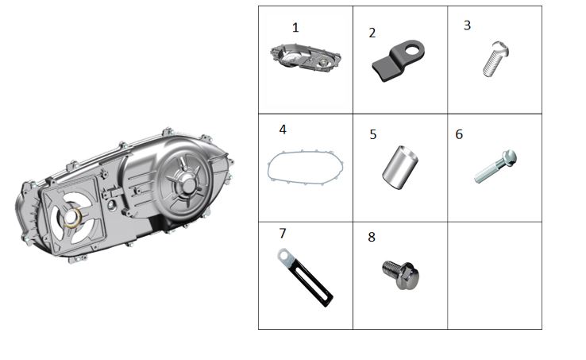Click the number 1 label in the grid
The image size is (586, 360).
[x=295, y=28]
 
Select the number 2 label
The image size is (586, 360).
[x=372, y=33]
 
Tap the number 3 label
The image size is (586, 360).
[x=467, y=25]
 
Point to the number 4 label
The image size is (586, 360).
[x=283, y=130]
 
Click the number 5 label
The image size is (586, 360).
[x=373, y=135]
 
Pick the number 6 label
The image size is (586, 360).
[x=459, y=134]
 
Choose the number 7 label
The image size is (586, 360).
[x=283, y=234]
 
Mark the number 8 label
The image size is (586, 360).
[x=372, y=237]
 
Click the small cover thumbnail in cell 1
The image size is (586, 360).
[x=306, y=58]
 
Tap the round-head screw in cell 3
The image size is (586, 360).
[x=495, y=59]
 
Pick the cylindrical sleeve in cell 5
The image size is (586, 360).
[x=400, y=167]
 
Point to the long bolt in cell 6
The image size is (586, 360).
[x=495, y=167]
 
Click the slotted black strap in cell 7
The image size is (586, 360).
[x=305, y=277]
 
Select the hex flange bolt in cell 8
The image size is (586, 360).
[x=401, y=275]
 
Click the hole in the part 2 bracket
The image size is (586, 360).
[x=413, y=49]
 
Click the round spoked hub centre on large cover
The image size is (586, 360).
[x=188, y=184]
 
